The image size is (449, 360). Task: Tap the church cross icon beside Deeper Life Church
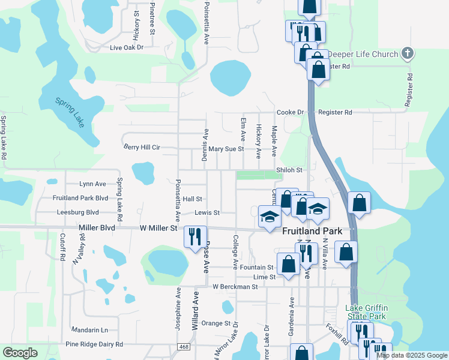408,54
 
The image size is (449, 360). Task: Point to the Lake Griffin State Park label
366,312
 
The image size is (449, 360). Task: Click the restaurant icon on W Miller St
195,236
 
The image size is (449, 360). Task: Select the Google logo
19,353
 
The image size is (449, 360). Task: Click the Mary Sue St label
226,149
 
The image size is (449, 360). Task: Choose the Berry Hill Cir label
142,146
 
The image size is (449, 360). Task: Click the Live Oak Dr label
127,47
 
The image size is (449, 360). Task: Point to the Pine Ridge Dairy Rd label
94,344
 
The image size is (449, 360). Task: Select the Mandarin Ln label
89,330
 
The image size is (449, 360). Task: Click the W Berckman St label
235,287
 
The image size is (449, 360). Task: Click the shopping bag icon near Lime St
289,264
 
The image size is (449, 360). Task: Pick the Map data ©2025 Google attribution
412,355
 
